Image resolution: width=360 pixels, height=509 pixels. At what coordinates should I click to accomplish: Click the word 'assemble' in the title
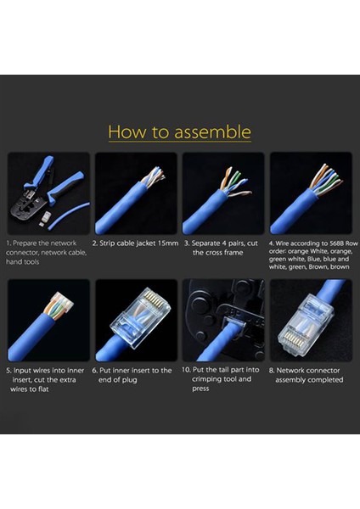pos(212,131)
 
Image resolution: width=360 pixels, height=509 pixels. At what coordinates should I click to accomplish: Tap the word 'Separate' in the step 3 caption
pos(205,243)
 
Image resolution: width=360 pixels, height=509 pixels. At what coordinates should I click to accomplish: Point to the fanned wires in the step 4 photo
pos(325,179)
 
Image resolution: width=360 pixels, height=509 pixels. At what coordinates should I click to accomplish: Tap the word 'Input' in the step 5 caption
pos(22,371)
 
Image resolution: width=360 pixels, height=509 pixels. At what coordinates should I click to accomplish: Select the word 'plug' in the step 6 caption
pos(129,380)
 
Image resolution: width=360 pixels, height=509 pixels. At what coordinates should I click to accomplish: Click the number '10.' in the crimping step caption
pos(186,369)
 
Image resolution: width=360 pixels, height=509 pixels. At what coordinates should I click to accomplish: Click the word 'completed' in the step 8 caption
pos(327,380)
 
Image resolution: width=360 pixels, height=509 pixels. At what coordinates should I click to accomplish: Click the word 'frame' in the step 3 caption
pos(233,253)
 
